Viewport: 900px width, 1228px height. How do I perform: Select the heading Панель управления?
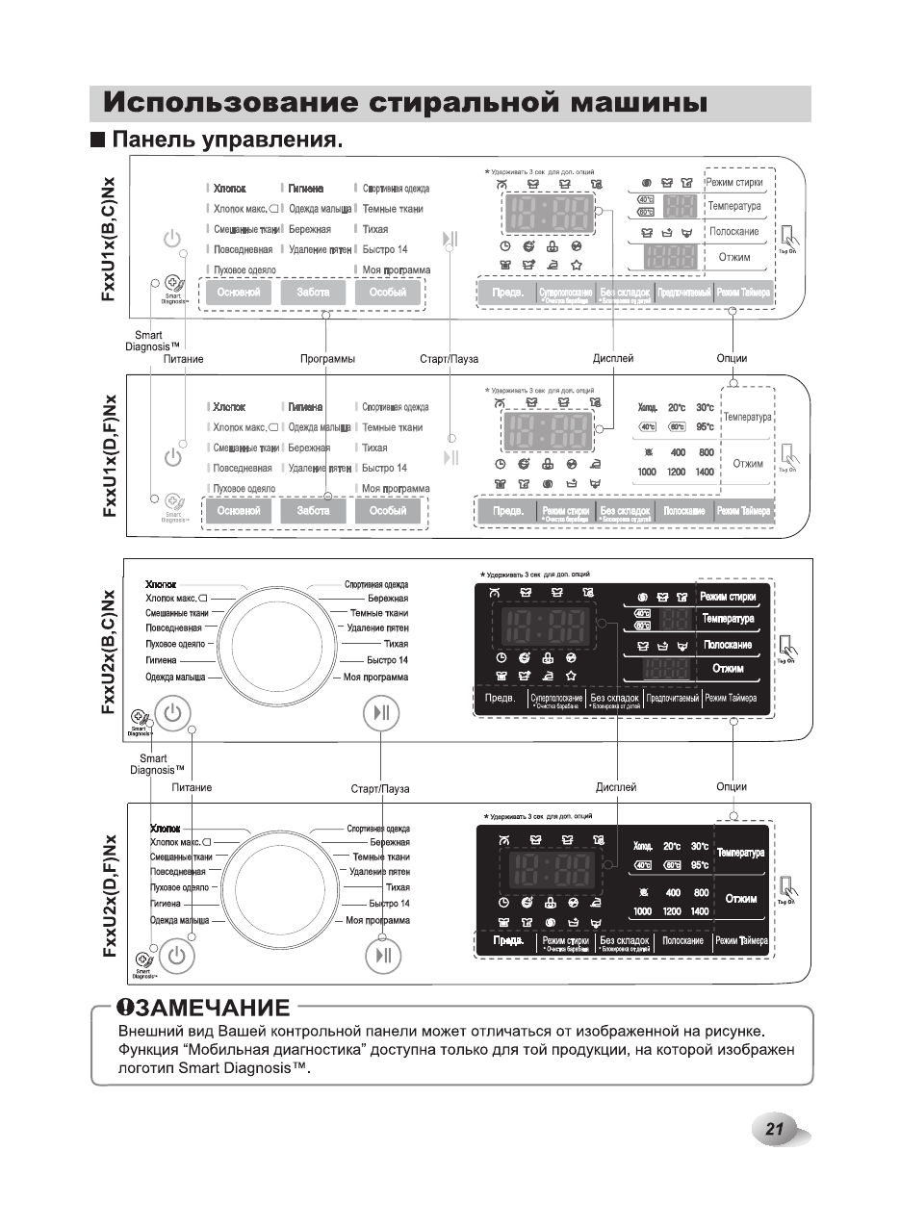coord(227,141)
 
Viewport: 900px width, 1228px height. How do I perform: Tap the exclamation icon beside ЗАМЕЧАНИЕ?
coord(125,1008)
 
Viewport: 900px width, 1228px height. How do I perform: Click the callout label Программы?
coord(327,359)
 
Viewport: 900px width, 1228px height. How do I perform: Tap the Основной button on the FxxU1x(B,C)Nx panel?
coord(239,293)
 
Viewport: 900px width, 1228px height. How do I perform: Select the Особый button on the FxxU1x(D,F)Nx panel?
coord(387,511)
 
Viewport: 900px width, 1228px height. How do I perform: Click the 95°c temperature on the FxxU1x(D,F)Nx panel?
coord(705,426)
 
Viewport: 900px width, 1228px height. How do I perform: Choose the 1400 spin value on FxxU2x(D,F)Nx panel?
coord(700,911)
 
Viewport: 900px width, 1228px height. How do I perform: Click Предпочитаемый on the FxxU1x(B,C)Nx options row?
coord(684,293)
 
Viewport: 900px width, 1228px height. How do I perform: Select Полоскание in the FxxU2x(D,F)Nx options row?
coord(683,940)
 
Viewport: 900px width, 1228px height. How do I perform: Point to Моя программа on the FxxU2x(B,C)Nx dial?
coord(376,678)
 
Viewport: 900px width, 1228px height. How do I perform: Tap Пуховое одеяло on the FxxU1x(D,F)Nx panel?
coord(244,489)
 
